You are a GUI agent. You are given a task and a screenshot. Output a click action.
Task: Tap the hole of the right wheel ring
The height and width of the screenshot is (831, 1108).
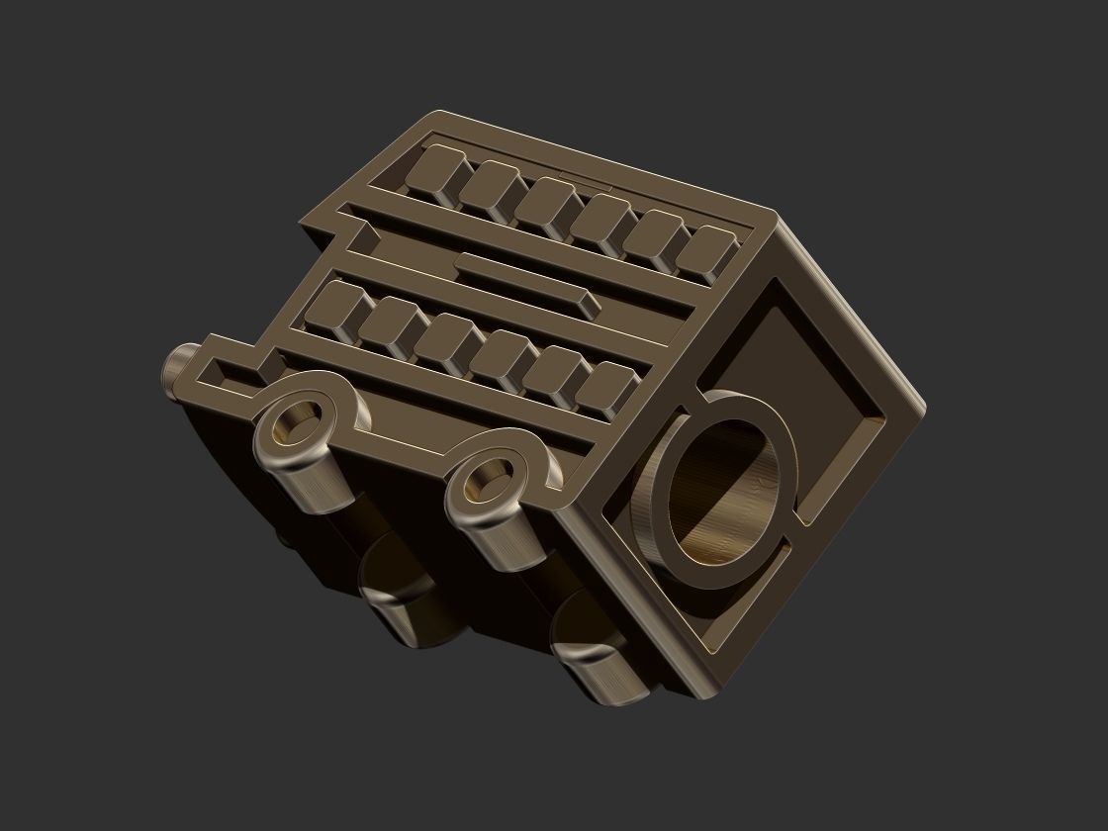[x=485, y=482]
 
